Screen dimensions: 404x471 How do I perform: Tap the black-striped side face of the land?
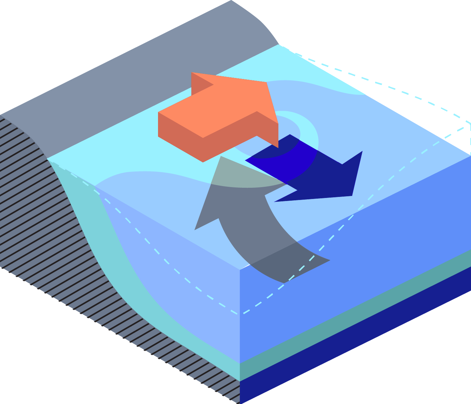(51, 237)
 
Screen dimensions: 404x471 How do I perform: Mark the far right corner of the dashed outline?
(470, 125)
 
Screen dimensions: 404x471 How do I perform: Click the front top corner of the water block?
(240, 270)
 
